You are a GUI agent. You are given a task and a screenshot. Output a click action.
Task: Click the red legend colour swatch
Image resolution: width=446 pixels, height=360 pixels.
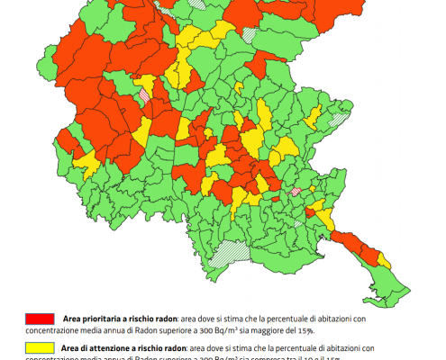coord(41,319)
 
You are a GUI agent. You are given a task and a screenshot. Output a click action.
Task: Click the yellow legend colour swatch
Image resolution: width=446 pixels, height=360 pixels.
coord(41,346)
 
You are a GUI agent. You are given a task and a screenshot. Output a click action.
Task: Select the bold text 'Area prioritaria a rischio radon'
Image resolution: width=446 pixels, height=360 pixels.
coord(119,319)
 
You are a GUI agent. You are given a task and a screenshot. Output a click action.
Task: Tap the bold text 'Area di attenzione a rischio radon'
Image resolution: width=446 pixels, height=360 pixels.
coord(123,346)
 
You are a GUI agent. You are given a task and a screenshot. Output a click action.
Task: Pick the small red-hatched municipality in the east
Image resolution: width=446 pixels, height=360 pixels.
coord(294,192)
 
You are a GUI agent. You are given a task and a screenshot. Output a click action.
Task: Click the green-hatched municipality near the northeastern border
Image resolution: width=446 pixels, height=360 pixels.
coord(339,118)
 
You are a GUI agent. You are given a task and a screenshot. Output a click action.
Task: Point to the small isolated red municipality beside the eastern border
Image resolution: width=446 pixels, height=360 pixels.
coord(311,212)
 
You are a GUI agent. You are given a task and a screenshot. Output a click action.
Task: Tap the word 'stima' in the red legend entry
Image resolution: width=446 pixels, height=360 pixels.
coord(241,319)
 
